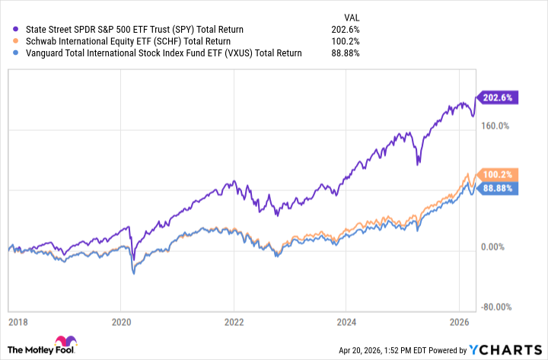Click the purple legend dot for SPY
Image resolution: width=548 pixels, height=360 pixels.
[8, 29]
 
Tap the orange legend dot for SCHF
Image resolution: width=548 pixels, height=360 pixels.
[8, 41]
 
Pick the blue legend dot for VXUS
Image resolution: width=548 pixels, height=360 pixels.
[8, 53]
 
